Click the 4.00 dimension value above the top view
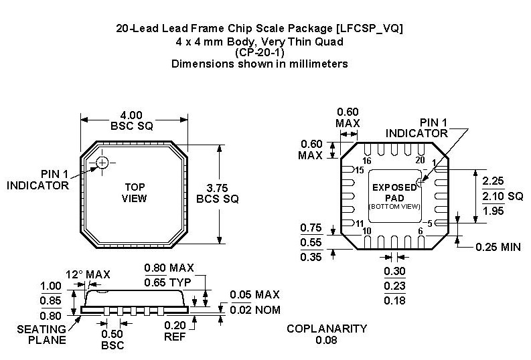(x=131, y=115)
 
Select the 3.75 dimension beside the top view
(x=217, y=188)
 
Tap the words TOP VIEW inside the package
(x=134, y=193)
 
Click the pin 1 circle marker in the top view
(x=102, y=163)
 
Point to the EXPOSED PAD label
(x=394, y=193)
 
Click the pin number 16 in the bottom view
(x=367, y=161)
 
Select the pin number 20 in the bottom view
(x=420, y=160)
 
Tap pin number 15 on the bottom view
(x=360, y=170)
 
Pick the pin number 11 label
(x=360, y=223)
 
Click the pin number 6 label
(x=421, y=231)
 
